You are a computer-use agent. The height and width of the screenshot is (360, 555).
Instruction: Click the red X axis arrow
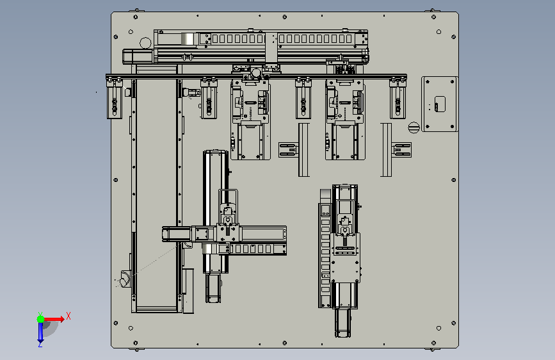[x=54, y=319]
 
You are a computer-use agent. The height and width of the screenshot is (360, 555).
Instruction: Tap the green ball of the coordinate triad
[x=40, y=319]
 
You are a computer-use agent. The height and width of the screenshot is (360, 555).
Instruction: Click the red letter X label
[x=68, y=316]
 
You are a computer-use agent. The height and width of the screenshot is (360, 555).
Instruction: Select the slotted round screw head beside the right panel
[x=414, y=127]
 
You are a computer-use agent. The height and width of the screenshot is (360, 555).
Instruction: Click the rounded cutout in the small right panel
[x=440, y=104]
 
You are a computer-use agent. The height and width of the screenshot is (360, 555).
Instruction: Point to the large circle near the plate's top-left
[x=145, y=43]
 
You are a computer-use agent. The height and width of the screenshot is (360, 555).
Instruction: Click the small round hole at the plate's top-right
[x=438, y=32]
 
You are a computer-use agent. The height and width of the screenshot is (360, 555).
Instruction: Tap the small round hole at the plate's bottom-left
[x=131, y=328]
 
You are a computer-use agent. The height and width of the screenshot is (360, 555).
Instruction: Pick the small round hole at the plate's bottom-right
[x=438, y=328]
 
